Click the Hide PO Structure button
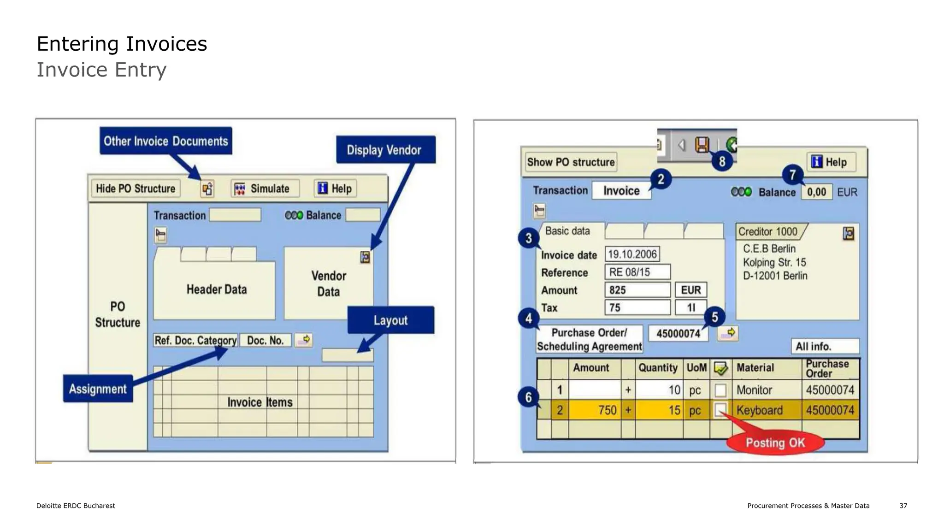tap(136, 189)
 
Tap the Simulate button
tap(265, 189)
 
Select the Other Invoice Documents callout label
tap(166, 141)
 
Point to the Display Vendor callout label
tap(385, 150)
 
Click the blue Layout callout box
tap(390, 320)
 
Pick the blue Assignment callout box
tap(98, 389)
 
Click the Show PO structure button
tap(571, 162)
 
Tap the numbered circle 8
tap(722, 161)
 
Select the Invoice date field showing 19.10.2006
tap(632, 254)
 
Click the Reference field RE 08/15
tap(637, 272)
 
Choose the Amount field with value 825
tap(637, 290)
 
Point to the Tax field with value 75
tap(637, 307)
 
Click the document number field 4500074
tap(678, 333)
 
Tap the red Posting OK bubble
tap(775, 442)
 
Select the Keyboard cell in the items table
tap(766, 410)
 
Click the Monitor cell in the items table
tap(766, 390)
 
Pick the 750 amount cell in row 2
tap(595, 410)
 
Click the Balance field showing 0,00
tap(817, 192)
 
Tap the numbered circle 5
tap(714, 317)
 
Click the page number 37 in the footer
tap(903, 506)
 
